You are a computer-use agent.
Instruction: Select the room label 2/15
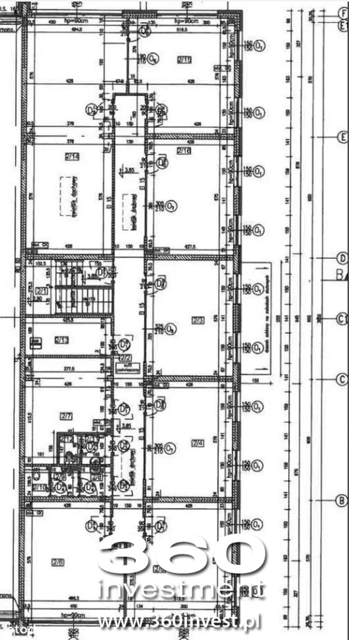point(184,60)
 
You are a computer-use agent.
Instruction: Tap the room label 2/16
point(184,151)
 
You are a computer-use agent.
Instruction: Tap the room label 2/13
point(61,340)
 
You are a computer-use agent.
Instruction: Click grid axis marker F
point(342,13)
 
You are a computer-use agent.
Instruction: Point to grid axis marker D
point(342,257)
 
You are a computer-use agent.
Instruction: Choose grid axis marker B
point(342,500)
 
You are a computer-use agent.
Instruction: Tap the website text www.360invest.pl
point(180,621)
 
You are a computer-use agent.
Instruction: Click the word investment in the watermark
point(181,591)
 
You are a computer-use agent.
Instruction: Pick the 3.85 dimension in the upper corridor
point(130,169)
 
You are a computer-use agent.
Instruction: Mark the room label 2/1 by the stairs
point(42,291)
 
